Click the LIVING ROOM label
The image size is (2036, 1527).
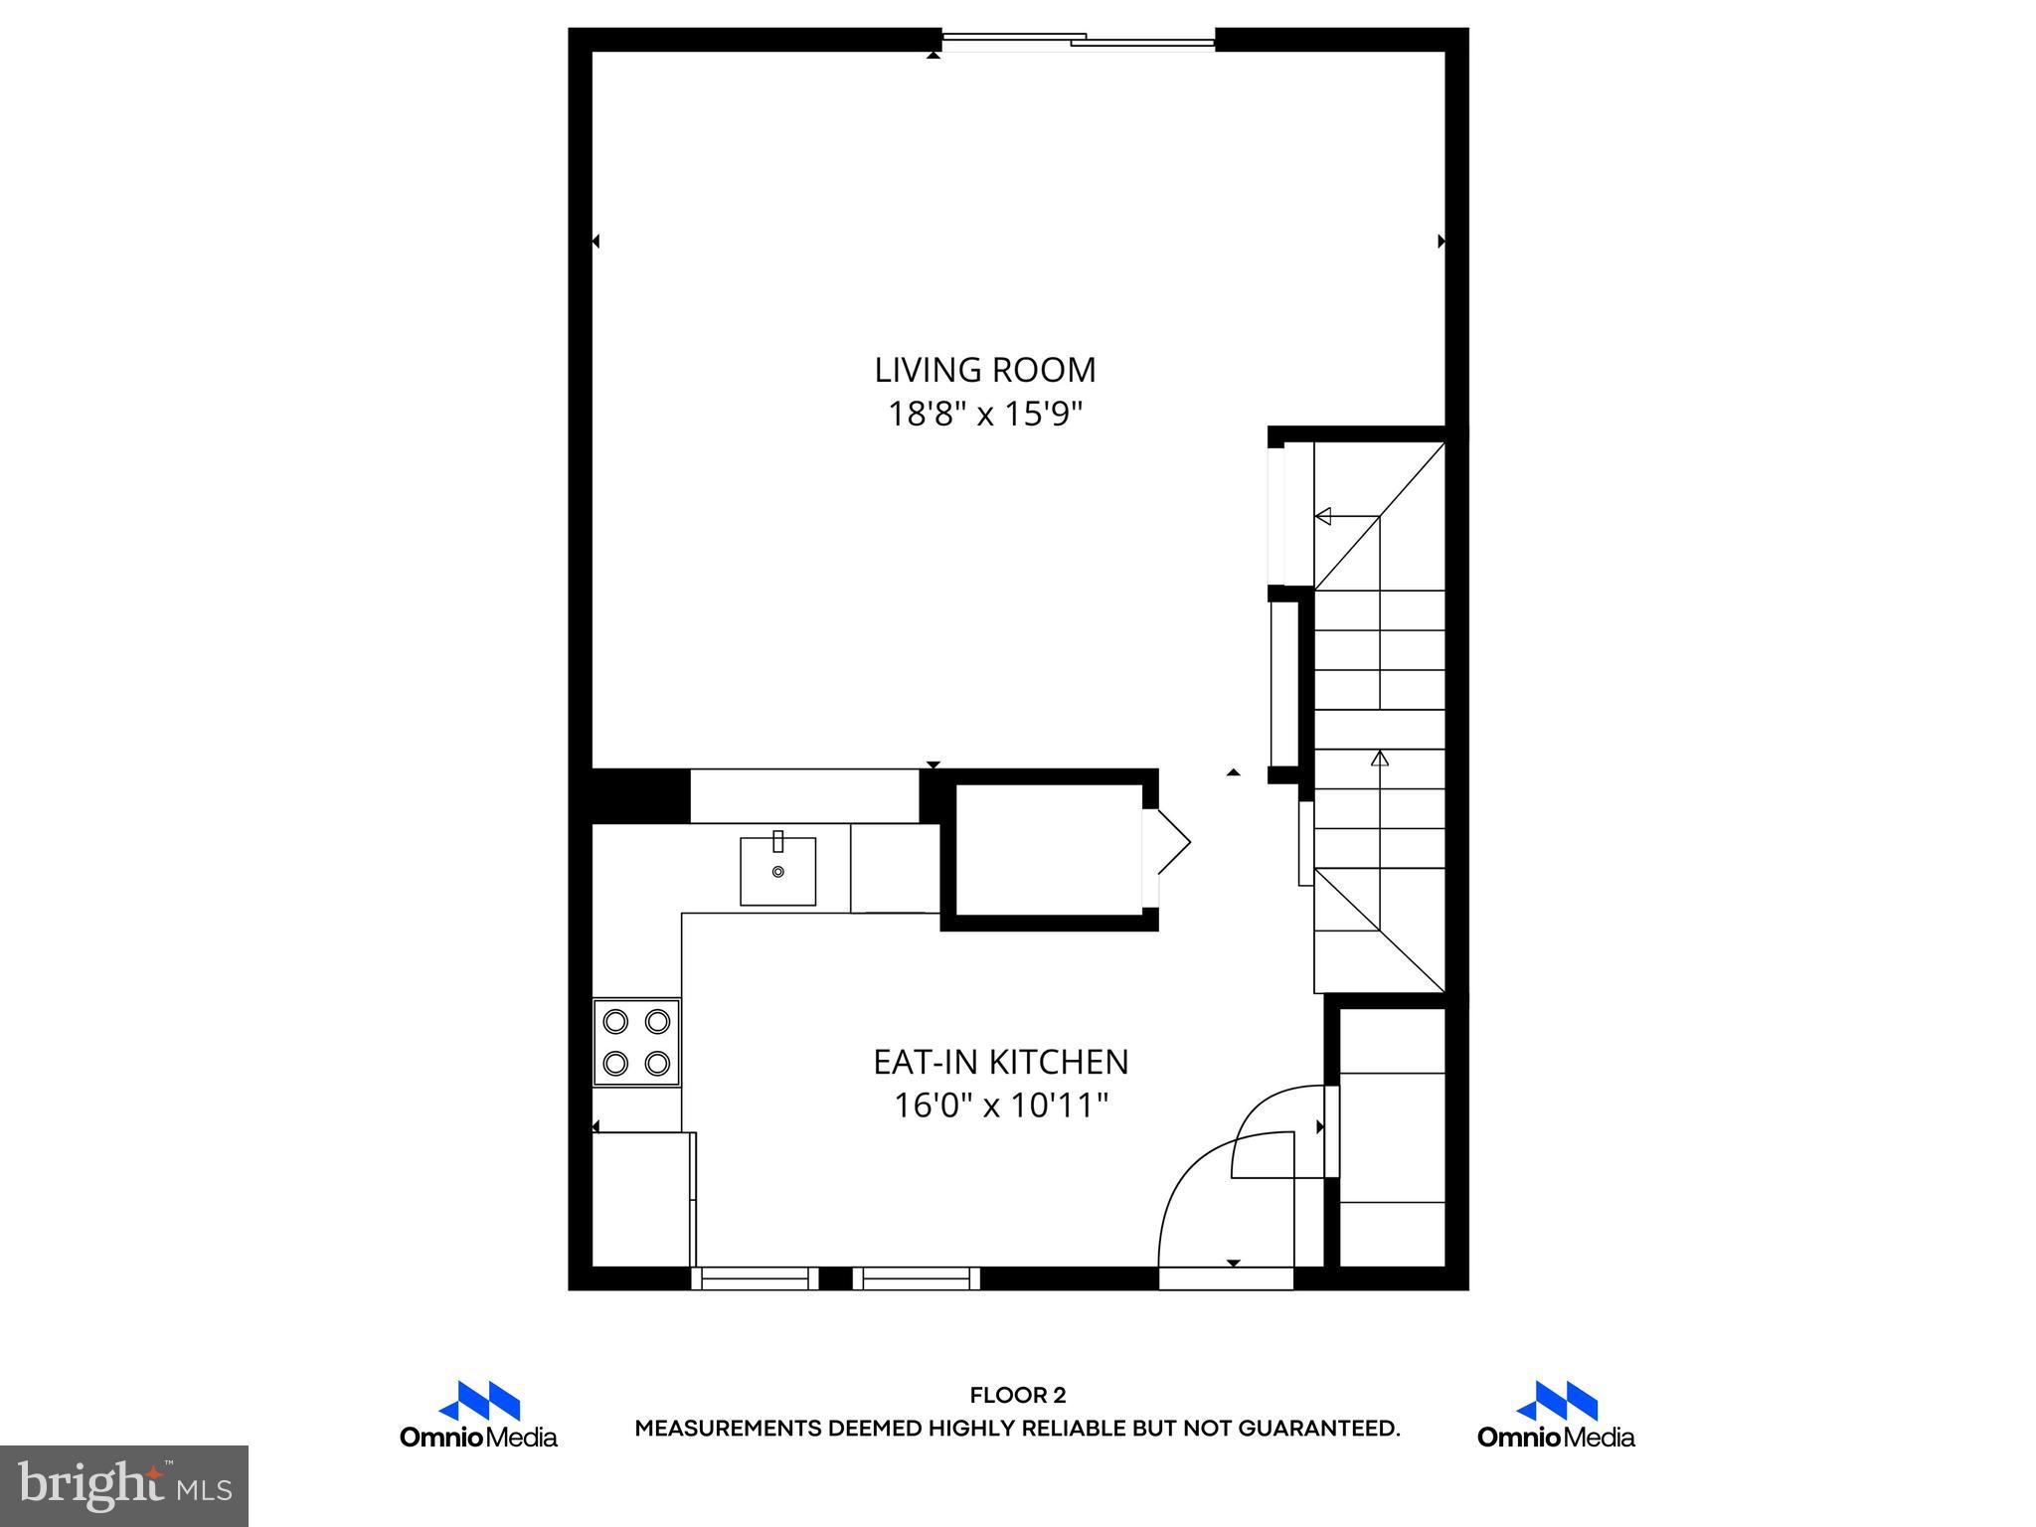[x=984, y=370]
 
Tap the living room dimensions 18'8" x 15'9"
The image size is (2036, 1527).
[x=984, y=414]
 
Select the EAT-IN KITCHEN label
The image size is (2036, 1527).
[x=1000, y=1062]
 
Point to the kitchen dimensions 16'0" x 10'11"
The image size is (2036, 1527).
[x=1000, y=1105]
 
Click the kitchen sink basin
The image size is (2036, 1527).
[x=777, y=871]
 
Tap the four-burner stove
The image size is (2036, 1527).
[x=636, y=1042]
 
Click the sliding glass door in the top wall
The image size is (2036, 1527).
[x=1078, y=41]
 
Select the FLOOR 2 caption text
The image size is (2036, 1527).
[x=1017, y=1395]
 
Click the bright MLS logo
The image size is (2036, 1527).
[x=124, y=1485]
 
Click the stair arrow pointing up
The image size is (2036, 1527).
[x=1379, y=760]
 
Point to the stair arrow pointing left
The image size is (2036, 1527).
[x=1323, y=516]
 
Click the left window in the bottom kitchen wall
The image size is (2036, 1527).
[x=755, y=1278]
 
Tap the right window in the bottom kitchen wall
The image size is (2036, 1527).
[x=917, y=1278]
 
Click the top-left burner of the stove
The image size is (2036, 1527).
[x=616, y=1021]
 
